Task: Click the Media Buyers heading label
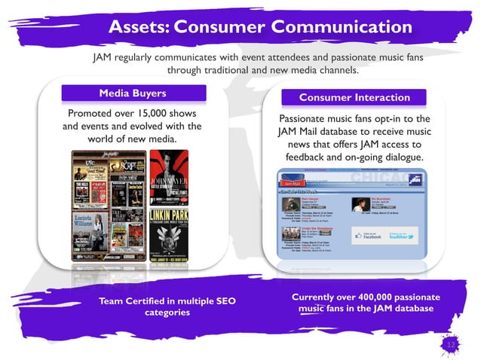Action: [x=133, y=93]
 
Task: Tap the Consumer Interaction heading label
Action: [x=354, y=98]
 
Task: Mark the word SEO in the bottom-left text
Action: [x=224, y=301]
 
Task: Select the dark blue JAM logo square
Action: [x=412, y=182]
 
